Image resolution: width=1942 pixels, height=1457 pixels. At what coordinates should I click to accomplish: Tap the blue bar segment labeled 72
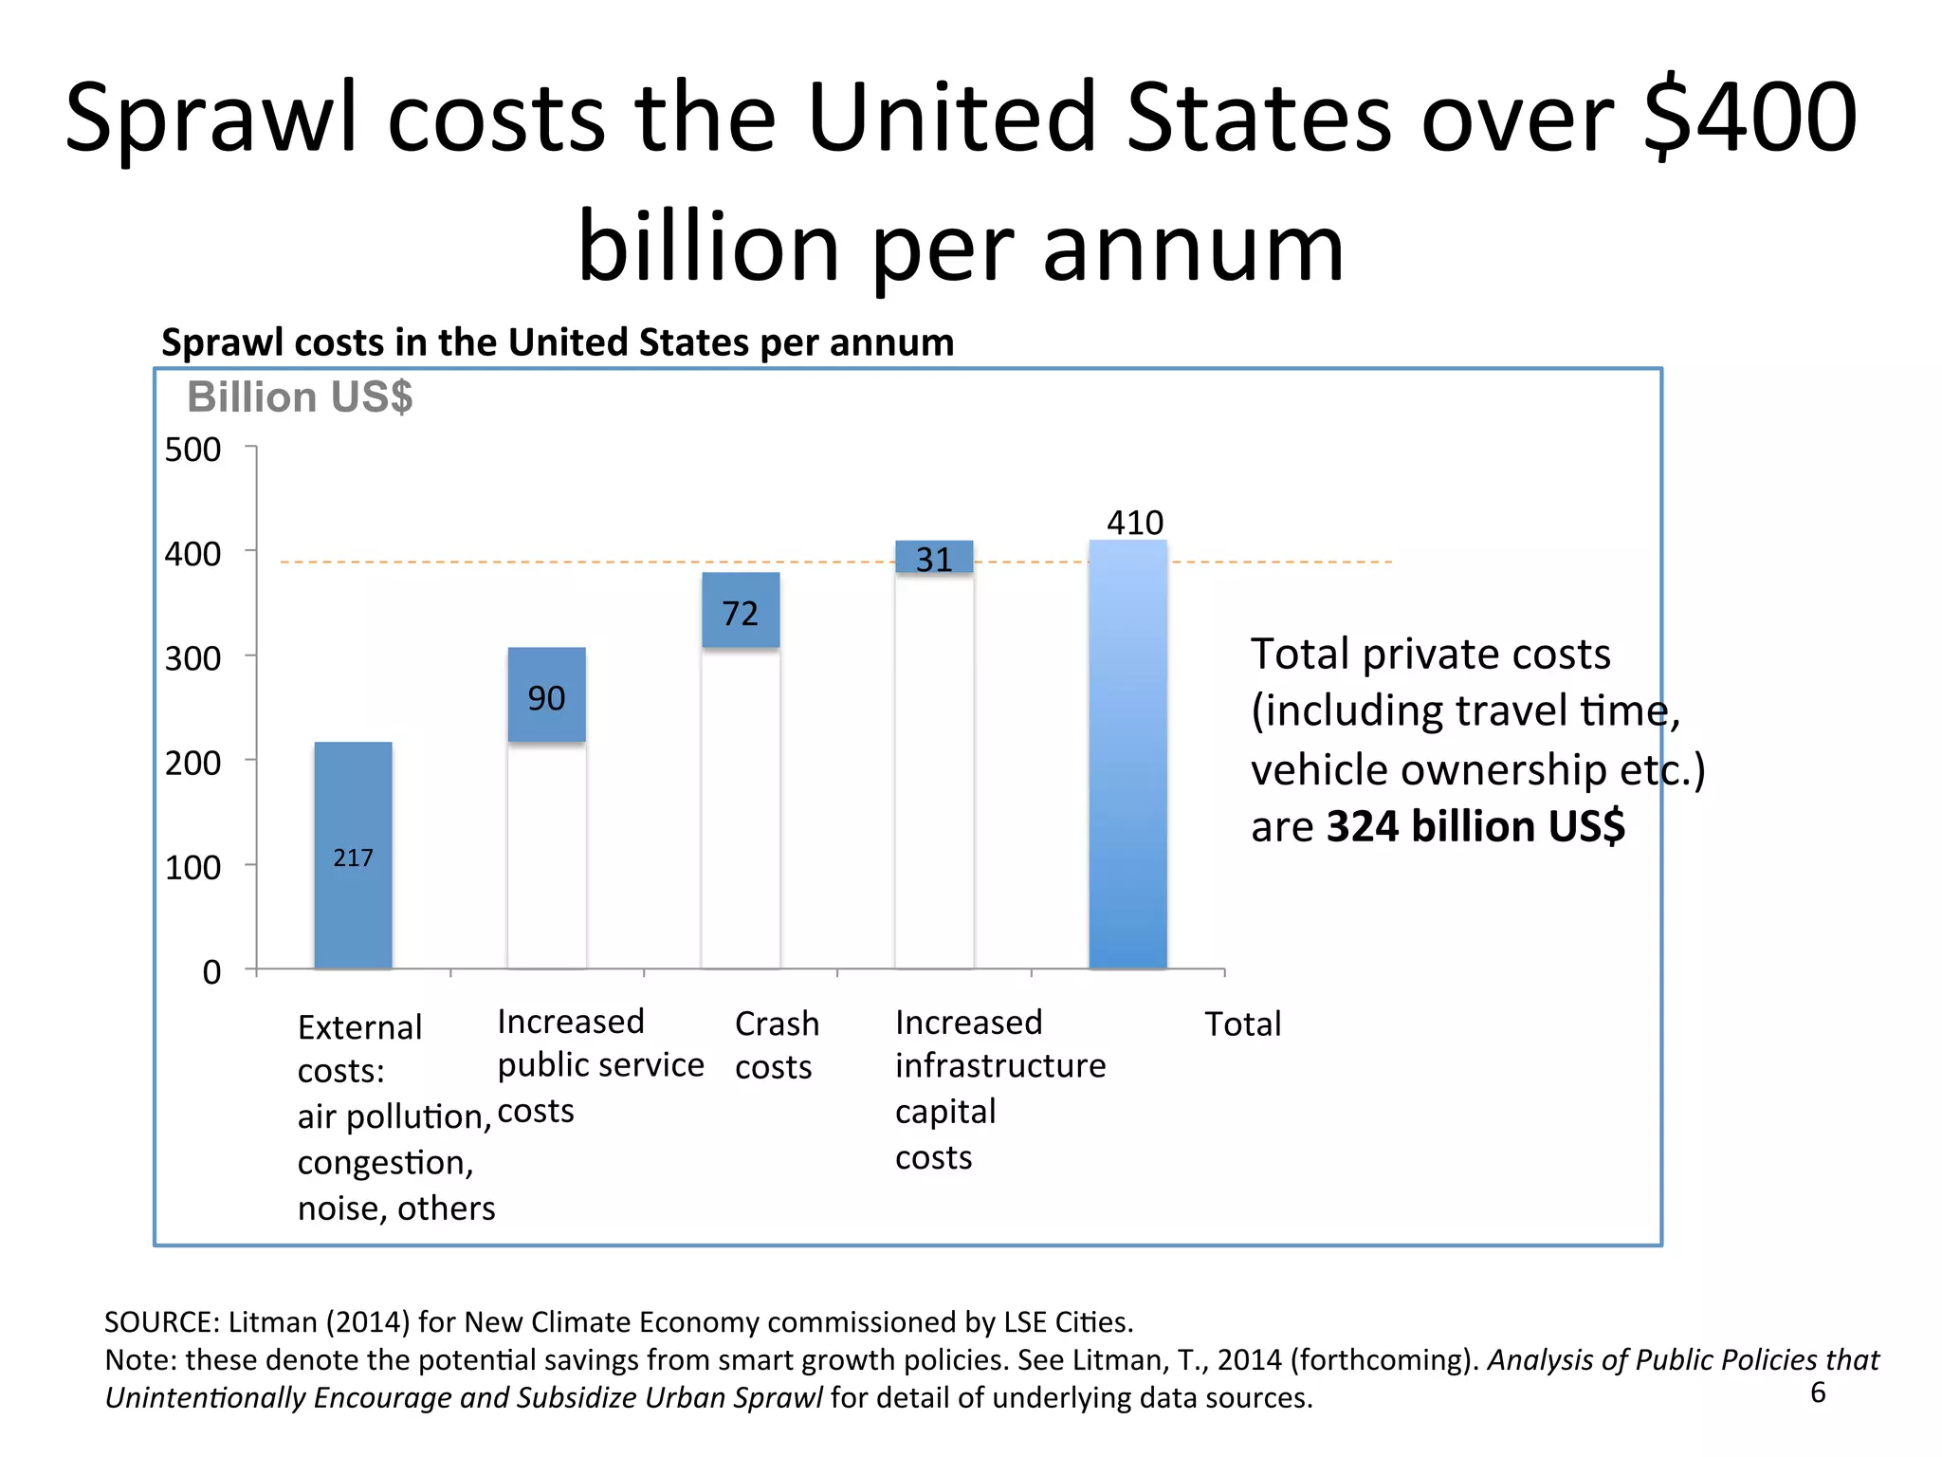[741, 611]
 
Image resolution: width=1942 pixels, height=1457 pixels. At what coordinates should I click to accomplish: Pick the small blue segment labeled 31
[934, 557]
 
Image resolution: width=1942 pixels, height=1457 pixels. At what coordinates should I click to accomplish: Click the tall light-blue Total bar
[1127, 759]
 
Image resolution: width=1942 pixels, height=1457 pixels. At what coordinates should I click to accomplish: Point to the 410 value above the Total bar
[1135, 523]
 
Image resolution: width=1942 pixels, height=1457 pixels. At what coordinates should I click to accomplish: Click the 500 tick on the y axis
[192, 450]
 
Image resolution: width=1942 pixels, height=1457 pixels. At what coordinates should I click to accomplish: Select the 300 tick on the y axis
[192, 658]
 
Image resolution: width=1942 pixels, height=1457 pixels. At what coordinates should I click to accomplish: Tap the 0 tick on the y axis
[211, 972]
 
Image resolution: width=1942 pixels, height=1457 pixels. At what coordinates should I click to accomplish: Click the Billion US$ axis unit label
[300, 397]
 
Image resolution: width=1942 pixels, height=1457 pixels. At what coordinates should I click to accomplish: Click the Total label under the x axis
[1242, 1024]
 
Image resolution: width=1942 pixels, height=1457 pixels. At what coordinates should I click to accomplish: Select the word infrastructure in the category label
[1000, 1066]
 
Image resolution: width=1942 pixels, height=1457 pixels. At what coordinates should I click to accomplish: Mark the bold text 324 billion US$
[1475, 826]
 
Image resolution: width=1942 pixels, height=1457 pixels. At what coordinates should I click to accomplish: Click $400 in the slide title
[1750, 118]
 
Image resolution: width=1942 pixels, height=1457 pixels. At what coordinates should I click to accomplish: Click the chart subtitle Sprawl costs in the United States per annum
[558, 342]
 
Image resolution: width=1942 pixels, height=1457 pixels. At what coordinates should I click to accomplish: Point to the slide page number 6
[1818, 1392]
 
